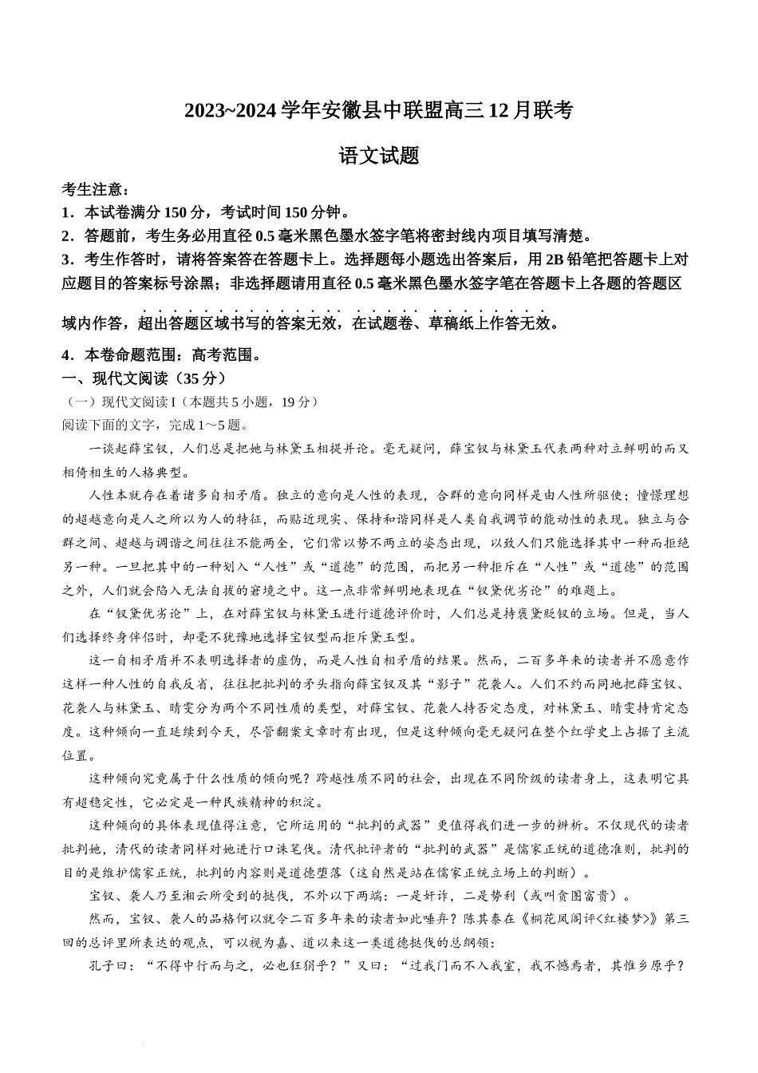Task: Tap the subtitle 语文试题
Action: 379,156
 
